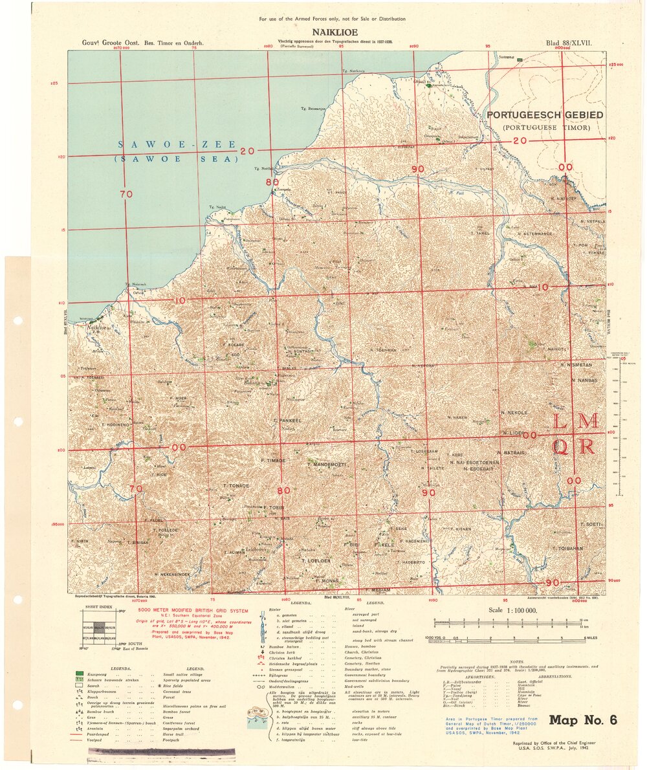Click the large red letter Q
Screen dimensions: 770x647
(562, 446)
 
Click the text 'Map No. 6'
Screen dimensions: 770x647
(583, 720)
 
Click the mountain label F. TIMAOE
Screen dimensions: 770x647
(272, 459)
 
